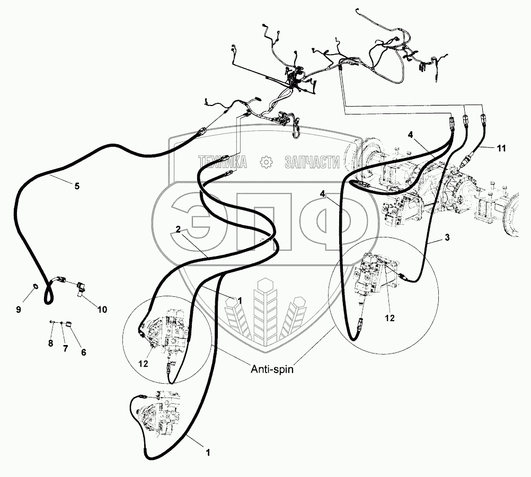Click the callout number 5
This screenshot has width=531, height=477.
(x=77, y=186)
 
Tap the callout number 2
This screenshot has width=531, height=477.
(x=178, y=229)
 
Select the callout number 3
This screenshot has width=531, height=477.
(x=447, y=237)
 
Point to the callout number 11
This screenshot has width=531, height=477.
(x=501, y=148)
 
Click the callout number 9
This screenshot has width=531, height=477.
(x=19, y=310)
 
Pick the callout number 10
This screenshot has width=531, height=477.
(x=102, y=310)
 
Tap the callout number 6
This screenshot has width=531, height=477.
(x=83, y=352)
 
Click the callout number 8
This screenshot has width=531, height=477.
(x=50, y=343)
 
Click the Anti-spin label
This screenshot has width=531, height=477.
(x=272, y=369)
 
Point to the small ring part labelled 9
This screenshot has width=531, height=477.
(x=35, y=287)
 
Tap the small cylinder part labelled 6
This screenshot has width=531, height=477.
(x=68, y=324)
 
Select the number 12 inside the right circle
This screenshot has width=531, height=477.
(x=390, y=318)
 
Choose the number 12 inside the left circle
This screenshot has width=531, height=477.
(x=143, y=364)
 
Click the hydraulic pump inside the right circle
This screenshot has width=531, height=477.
(x=373, y=275)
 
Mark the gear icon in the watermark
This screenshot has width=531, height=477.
(x=266, y=162)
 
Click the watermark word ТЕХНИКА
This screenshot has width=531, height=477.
(x=222, y=162)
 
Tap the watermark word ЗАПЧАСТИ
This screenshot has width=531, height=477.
(x=312, y=162)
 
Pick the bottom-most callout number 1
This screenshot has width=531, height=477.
(x=208, y=453)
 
